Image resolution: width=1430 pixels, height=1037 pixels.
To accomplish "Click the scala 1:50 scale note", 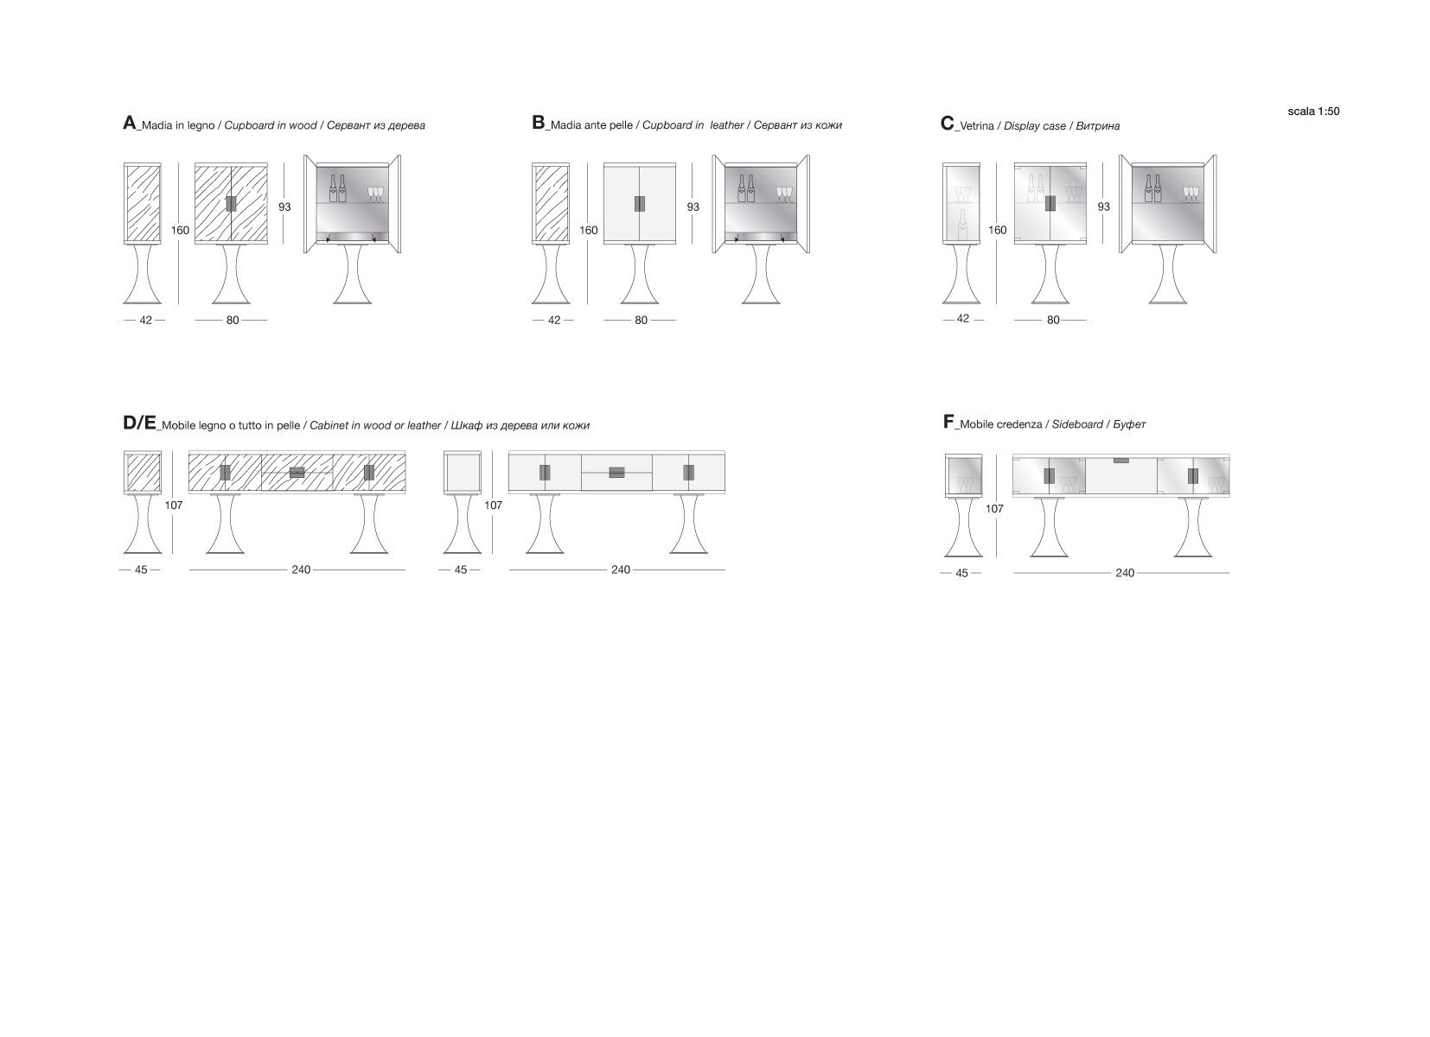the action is click(1313, 111).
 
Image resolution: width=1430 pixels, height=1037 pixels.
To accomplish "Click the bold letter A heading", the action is click(130, 123).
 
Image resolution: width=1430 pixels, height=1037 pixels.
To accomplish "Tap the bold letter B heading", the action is click(538, 123).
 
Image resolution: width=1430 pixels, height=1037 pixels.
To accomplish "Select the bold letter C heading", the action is click(947, 124).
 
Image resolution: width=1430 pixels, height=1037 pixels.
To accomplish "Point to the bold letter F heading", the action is click(948, 421).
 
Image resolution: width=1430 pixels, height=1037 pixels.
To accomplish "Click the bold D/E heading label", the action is click(139, 423).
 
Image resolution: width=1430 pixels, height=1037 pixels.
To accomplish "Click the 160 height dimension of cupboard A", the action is click(180, 230).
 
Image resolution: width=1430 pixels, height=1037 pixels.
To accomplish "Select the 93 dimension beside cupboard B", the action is click(693, 207).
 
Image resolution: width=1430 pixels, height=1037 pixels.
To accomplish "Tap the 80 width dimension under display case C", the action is click(1053, 320).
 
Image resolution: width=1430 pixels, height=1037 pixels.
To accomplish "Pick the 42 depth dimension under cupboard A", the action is click(145, 320).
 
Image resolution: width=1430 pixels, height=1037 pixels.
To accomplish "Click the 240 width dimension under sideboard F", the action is click(1124, 573).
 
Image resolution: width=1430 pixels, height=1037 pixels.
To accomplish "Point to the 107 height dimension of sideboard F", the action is click(994, 509).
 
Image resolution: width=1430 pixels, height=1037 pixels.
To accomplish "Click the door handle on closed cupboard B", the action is click(640, 204).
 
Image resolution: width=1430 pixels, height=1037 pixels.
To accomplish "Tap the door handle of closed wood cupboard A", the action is click(231, 204).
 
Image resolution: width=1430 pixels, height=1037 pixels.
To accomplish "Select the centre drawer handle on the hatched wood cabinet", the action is click(297, 473).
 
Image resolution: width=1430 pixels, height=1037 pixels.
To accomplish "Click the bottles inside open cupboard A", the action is click(338, 188).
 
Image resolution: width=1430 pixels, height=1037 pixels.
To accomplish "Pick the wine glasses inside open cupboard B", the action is click(784, 194).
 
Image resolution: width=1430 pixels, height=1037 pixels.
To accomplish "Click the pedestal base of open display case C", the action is click(1168, 274).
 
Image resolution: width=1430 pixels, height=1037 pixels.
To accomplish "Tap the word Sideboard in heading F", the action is click(1077, 424).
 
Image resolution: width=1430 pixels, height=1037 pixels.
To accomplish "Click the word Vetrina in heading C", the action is click(977, 125).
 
